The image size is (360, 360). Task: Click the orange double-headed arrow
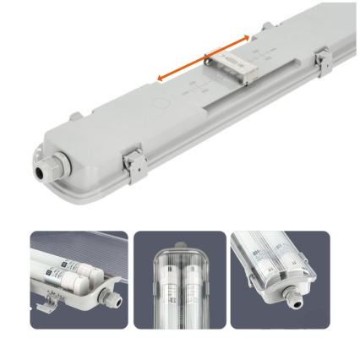pos(204,58)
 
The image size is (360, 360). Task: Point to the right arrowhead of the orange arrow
pos(248,36)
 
